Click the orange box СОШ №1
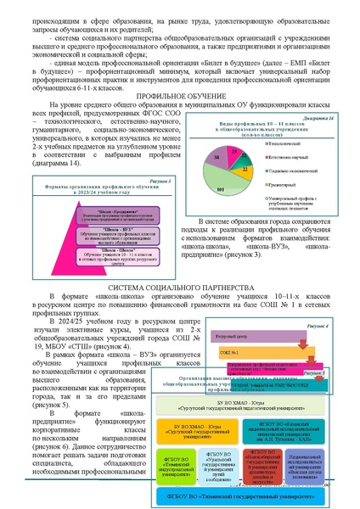pos(239,327)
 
